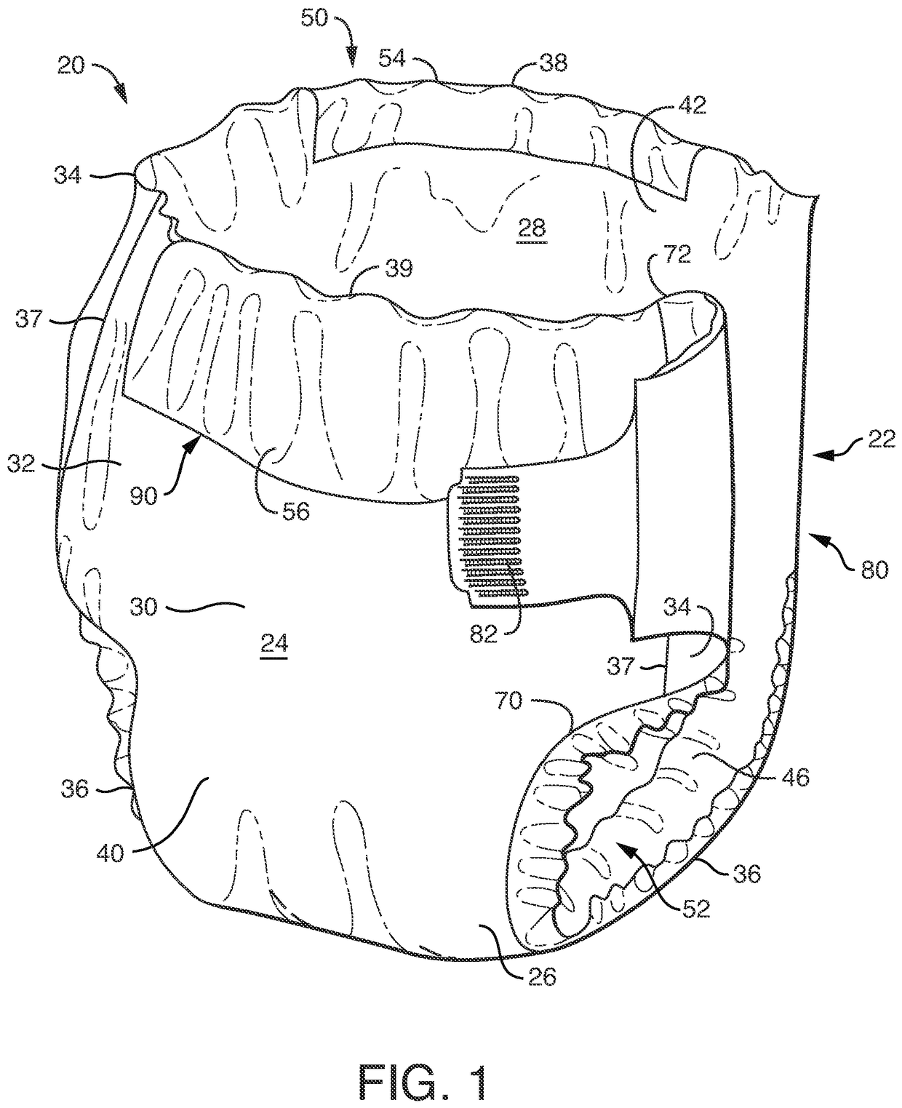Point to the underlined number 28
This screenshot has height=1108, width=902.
pos(530,228)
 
